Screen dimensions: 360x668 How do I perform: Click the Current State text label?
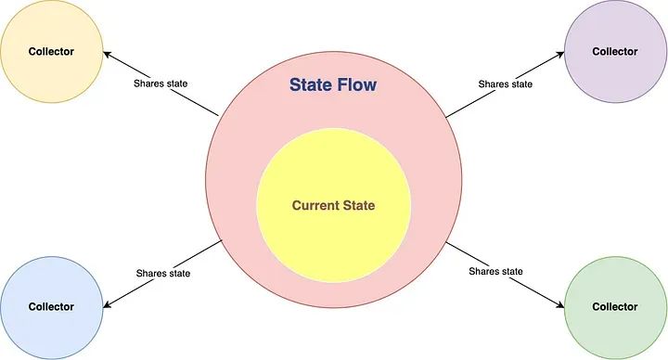click(333, 205)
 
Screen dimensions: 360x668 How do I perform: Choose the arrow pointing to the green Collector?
click(506, 275)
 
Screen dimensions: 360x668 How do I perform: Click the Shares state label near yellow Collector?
click(161, 84)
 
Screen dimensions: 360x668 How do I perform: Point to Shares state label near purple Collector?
click(505, 84)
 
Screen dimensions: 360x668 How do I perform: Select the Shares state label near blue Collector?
click(162, 273)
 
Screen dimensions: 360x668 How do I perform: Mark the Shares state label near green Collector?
click(496, 271)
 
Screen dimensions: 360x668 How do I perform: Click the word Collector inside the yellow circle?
click(51, 52)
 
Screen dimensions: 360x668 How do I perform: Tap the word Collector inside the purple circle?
click(615, 52)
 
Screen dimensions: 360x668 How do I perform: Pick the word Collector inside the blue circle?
click(51, 307)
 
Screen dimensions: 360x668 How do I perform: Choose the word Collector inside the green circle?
click(615, 306)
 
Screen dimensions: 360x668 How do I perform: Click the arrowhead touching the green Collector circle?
click(562, 305)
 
